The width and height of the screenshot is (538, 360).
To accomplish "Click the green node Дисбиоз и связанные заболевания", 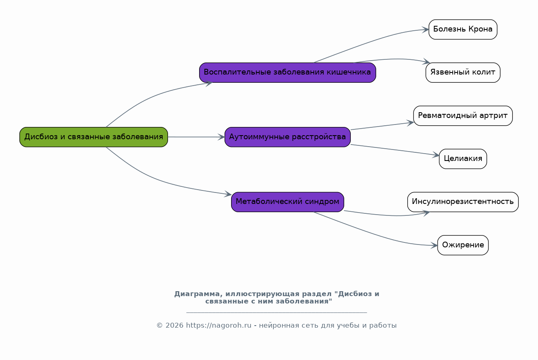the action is point(94,137).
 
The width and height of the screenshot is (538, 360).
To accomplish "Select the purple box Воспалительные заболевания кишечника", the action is point(288,72).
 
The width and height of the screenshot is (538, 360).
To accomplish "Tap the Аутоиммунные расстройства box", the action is point(288,137).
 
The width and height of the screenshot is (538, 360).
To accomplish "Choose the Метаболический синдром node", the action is point(288,202).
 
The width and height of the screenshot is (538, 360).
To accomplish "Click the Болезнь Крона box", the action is point(463,29).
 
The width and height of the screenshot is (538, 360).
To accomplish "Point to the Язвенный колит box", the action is point(463,72).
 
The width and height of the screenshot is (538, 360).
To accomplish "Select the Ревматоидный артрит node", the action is point(463,115).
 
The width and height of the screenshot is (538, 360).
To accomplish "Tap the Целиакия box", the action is point(463,159).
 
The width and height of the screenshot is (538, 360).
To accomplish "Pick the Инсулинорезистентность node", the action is point(463,202).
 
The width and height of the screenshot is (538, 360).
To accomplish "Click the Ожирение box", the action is point(463,245).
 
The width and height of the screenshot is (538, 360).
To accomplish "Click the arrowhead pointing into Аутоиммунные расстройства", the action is point(221,137).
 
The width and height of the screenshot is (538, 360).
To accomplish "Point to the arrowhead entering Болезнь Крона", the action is point(426,29).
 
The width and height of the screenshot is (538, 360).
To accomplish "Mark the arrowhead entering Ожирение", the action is point(434,245).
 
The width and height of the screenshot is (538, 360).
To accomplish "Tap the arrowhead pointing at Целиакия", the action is point(436,155).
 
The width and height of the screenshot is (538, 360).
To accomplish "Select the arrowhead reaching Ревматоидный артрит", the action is point(410,123).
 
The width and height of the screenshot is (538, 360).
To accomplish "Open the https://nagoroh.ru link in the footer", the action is point(218,326).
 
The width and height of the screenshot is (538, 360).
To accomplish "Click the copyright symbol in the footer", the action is point(160,326).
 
